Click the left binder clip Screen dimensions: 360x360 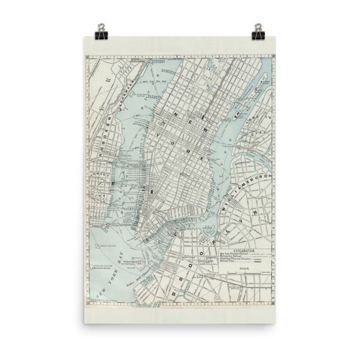point(101,30)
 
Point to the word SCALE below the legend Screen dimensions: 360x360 point(244,270)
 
